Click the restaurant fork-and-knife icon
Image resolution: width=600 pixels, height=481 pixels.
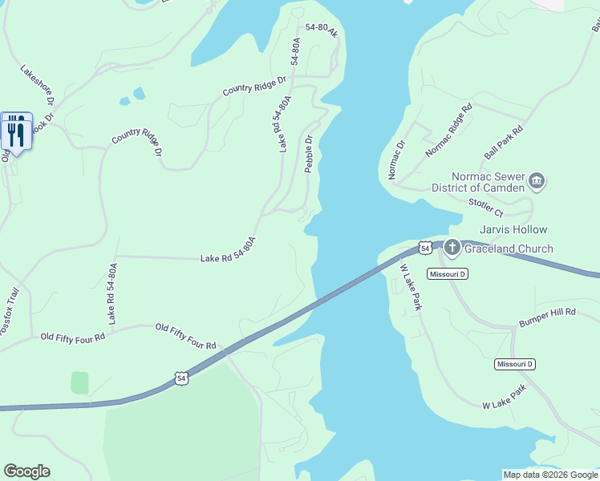pyautogui.click(x=16, y=130)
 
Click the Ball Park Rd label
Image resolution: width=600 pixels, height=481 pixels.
pyautogui.click(x=503, y=140)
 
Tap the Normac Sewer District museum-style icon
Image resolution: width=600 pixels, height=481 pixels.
pyautogui.click(x=537, y=182)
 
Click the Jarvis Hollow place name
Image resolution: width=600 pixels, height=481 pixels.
pyautogui.click(x=513, y=230)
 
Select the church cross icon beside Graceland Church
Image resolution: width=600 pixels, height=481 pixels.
pyautogui.click(x=452, y=248)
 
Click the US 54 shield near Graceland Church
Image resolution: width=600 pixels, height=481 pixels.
pyautogui.click(x=425, y=247)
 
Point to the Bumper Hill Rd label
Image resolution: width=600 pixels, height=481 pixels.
pyautogui.click(x=548, y=310)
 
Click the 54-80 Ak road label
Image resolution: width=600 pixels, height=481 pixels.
pyautogui.click(x=322, y=30)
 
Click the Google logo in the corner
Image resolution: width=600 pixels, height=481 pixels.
pyautogui.click(x=26, y=471)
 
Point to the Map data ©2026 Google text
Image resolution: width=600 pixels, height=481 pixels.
pyautogui.click(x=549, y=475)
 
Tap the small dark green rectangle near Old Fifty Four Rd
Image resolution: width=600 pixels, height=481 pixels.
pyautogui.click(x=79, y=382)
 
